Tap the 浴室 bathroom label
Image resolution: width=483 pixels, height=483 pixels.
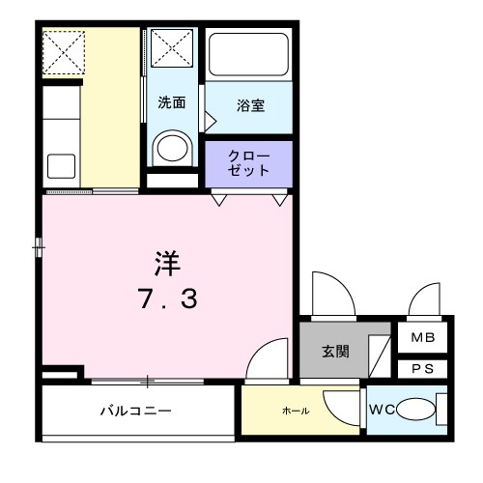pos(250,105)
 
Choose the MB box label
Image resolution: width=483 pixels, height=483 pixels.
pos(423,339)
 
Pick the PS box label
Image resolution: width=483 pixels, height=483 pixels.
pos(423,369)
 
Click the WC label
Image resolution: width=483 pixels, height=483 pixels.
pos(382,411)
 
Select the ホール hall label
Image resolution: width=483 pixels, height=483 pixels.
pos(295,412)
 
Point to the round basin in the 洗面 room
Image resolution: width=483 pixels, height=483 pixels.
pos(173,148)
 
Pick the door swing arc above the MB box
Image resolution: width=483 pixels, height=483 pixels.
pos(425,298)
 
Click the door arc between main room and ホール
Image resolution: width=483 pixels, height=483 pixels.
pos(270,359)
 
